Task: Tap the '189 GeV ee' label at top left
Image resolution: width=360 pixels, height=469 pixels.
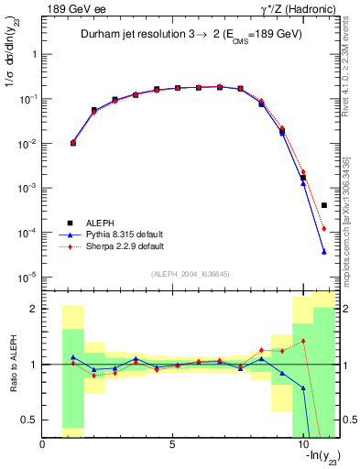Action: click(x=67, y=8)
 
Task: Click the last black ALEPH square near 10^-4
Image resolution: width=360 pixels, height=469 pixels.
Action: click(x=324, y=205)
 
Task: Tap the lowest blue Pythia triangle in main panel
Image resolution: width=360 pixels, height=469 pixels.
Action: click(x=324, y=252)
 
